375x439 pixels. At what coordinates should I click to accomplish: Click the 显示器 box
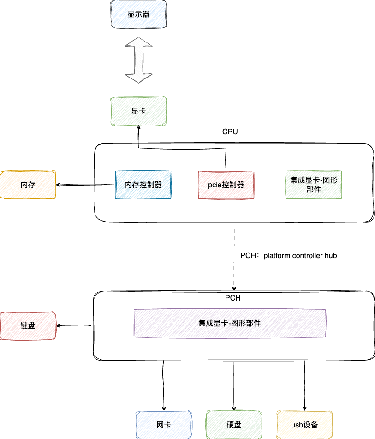tap(138, 14)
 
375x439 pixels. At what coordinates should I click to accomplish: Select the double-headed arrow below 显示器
tap(138, 60)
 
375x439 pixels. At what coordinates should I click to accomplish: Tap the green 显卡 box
tap(138, 111)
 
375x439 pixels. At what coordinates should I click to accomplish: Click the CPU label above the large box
tap(230, 132)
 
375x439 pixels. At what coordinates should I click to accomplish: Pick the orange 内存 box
tap(28, 185)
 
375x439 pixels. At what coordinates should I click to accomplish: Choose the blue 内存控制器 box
tap(143, 185)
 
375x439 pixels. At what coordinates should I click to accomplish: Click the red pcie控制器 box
tap(226, 185)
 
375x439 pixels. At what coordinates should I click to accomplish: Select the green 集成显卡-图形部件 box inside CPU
tap(314, 185)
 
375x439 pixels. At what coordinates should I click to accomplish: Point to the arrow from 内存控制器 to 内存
tap(85, 185)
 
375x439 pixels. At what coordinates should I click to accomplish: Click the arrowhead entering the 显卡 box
tap(138, 129)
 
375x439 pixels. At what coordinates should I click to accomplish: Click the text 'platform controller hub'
tap(300, 255)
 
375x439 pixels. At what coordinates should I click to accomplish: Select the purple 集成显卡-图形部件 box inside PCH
tap(230, 323)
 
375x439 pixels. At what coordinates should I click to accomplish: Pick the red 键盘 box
tap(28, 326)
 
